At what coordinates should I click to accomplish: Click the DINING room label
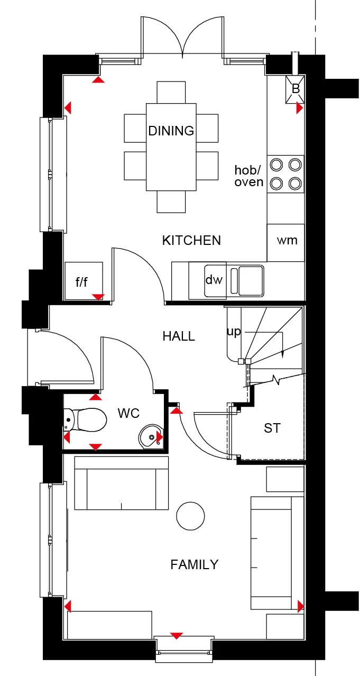tap(171, 131)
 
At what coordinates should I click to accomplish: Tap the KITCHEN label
tap(191, 241)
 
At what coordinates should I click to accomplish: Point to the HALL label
tap(179, 336)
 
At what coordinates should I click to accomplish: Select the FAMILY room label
tap(195, 564)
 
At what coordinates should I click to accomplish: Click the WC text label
tap(129, 414)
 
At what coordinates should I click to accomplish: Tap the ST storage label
tap(272, 428)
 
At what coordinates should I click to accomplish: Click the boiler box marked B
tap(295, 89)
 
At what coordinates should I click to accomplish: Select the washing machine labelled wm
tap(285, 243)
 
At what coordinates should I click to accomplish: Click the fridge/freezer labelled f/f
tap(84, 281)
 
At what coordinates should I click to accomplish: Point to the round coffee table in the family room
tap(190, 516)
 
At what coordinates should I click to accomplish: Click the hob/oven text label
tap(249, 176)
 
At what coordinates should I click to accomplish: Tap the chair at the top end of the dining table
tap(171, 93)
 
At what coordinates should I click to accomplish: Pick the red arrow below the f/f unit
tap(98, 297)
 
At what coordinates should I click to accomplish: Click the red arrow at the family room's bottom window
tap(177, 636)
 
